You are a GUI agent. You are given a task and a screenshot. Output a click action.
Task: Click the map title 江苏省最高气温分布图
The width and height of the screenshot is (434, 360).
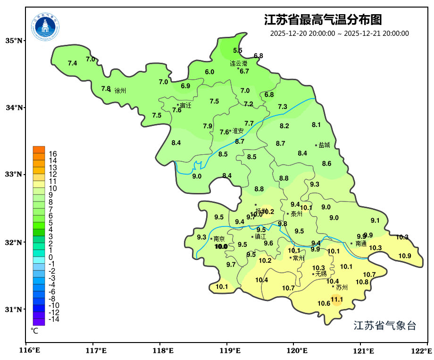coord(323,20)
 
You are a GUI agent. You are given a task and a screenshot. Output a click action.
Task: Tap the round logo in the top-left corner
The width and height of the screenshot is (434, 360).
coord(46,26)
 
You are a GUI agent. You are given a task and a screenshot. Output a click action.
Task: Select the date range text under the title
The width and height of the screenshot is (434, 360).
coord(339,33)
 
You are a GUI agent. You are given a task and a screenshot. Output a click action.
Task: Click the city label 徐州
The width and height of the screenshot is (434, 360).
coord(120,91)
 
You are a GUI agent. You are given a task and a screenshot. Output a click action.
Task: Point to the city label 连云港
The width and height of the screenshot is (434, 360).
coord(239,63)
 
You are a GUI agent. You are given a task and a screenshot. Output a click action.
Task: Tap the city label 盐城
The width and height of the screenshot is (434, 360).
coord(324,145)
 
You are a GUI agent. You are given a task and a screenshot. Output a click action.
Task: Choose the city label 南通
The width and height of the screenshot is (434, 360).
coord(361,244)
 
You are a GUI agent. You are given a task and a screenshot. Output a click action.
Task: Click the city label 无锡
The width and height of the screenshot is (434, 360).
coord(321,274)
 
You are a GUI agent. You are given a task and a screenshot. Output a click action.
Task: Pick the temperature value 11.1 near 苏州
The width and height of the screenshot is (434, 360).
coord(336,299)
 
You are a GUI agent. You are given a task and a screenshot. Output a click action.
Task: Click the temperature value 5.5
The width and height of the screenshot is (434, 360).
coord(238,50)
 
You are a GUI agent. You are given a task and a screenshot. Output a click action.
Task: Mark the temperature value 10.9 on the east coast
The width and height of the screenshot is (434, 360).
coord(405,256)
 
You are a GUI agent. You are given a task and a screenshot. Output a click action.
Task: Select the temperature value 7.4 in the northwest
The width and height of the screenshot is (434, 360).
coord(72,63)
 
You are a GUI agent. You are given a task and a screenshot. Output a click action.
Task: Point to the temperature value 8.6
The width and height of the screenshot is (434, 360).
coord(326,164)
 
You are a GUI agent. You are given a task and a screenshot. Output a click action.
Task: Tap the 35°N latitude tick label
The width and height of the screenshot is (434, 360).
coord(14,41)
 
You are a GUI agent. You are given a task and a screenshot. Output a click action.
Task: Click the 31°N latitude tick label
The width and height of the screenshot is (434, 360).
coord(14,310)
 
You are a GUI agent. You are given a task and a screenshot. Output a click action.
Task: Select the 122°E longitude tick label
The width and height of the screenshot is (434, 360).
coord(423,351)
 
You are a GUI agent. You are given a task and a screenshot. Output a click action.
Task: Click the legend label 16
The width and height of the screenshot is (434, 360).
coord(53,154)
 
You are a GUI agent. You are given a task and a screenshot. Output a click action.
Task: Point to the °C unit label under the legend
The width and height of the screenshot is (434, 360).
coord(34,331)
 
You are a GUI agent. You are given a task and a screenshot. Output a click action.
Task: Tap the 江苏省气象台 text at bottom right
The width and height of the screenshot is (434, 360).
coord(384,326)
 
